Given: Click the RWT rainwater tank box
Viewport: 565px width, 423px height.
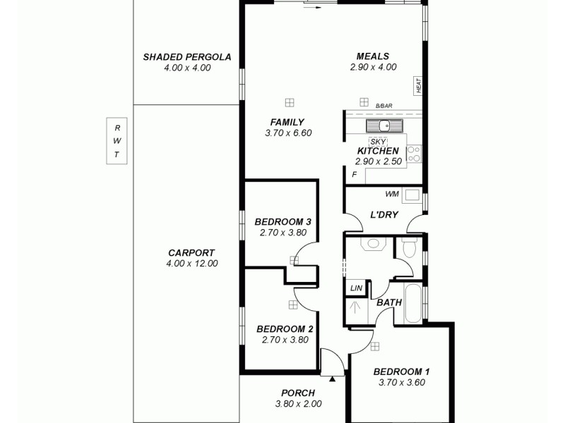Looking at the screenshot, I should [117, 140].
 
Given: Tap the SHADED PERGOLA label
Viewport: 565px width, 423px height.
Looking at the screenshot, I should [187, 57].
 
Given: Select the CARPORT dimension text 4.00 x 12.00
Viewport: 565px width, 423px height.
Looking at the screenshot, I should [191, 264].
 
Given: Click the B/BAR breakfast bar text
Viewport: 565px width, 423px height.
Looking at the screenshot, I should [383, 106].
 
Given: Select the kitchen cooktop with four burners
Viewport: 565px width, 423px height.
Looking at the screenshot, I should [414, 154].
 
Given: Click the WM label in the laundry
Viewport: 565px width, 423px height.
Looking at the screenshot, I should [391, 194].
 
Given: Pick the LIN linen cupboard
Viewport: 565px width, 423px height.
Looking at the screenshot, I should [355, 288].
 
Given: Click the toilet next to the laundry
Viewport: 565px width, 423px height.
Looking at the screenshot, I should [408, 249].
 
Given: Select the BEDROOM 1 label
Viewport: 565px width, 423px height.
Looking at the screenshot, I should [401, 372].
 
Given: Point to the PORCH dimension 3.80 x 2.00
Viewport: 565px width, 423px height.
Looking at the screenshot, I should [298, 404].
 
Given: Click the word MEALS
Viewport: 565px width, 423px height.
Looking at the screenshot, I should [373, 57].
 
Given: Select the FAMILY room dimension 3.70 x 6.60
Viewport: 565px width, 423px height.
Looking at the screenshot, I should [287, 133].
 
